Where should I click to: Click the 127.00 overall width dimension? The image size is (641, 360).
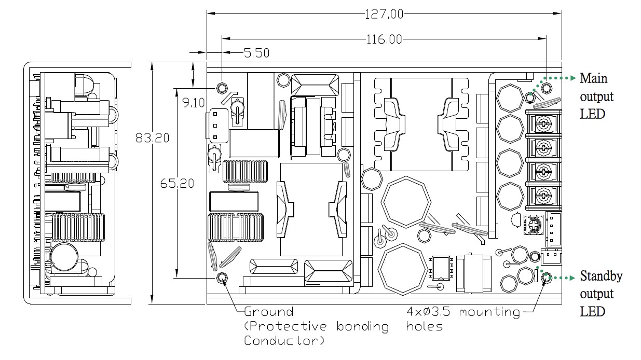[384, 14]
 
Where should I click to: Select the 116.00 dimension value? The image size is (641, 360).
[384, 39]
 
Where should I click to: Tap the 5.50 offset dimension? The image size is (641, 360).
[256, 52]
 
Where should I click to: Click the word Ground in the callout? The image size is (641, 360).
[268, 312]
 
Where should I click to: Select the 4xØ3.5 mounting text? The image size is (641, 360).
[463, 312]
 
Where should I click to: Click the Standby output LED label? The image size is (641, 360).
[601, 294]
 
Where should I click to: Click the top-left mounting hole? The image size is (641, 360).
[222, 87]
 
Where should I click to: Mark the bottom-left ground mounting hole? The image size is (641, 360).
[223, 278]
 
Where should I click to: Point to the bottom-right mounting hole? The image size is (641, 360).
[545, 279]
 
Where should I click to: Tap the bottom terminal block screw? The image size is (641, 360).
[543, 196]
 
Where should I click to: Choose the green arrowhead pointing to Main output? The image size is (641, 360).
[573, 78]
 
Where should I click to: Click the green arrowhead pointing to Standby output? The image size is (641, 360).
[573, 278]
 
